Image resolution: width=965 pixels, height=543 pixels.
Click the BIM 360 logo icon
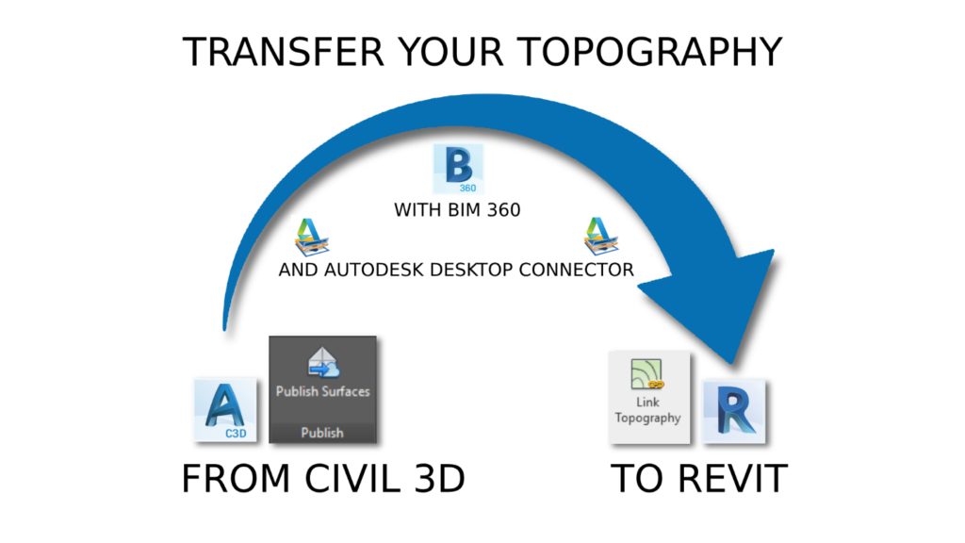(x=459, y=169)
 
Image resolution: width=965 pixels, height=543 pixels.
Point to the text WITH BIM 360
(x=457, y=210)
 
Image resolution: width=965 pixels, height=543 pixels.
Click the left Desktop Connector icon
(x=311, y=237)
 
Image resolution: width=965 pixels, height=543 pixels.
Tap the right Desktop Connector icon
(x=600, y=236)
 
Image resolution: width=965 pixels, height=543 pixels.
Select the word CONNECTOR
(x=576, y=270)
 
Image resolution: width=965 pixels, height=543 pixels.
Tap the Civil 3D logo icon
(x=225, y=409)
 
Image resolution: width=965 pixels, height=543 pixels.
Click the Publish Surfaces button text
(x=322, y=391)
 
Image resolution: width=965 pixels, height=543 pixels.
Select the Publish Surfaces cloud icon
(x=323, y=363)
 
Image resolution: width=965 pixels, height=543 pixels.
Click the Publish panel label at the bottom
(x=322, y=433)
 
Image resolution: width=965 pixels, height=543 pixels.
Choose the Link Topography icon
(x=647, y=373)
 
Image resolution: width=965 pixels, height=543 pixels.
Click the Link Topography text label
(x=647, y=410)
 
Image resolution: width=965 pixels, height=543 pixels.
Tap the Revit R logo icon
(x=734, y=411)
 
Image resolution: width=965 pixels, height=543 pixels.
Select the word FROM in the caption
(x=236, y=479)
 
